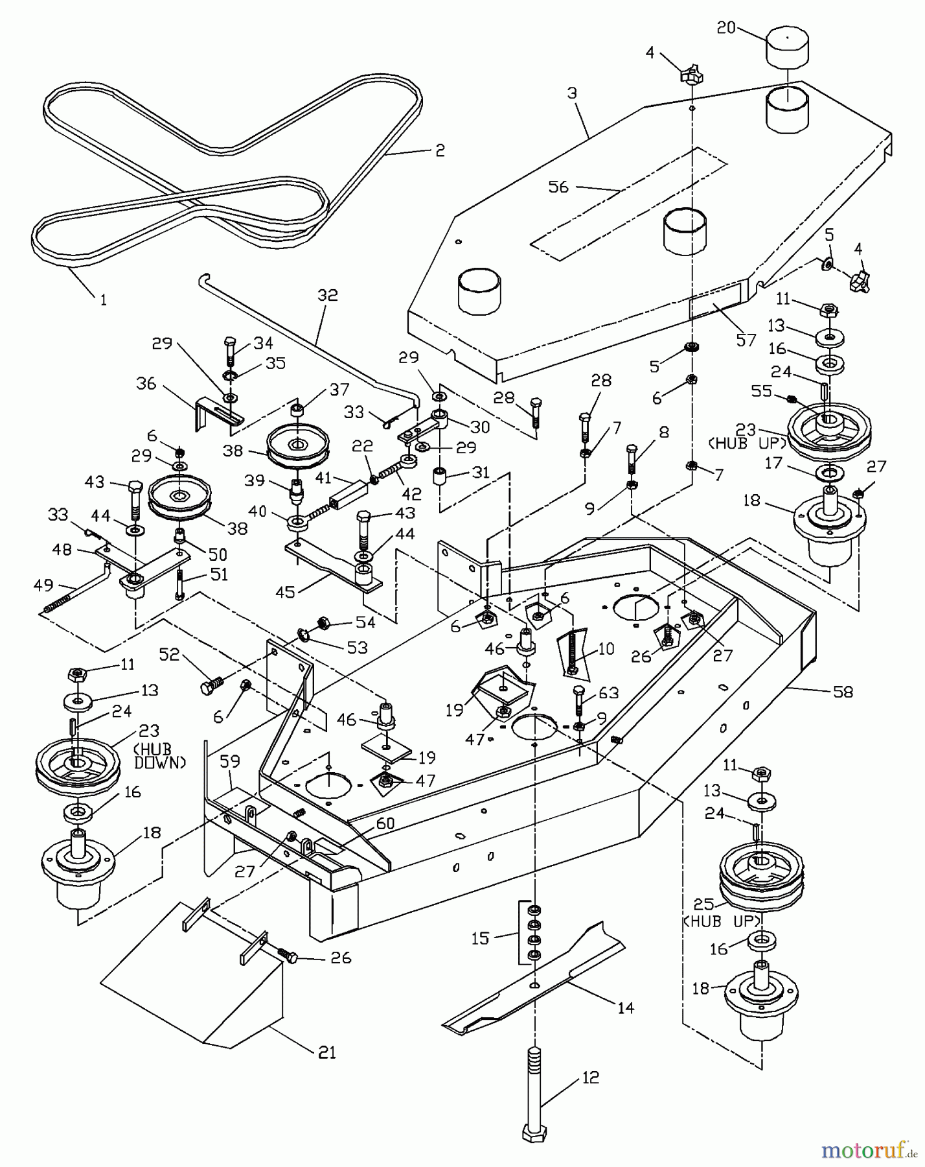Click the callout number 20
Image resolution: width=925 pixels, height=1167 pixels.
(x=727, y=28)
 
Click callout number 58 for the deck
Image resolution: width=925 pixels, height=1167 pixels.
(x=843, y=692)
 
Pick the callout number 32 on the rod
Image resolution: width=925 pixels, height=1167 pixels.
(x=328, y=294)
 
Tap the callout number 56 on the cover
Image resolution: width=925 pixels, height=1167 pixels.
(x=558, y=187)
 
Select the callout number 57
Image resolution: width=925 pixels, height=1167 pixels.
(x=746, y=340)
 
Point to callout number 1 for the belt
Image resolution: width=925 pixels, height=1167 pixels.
(x=103, y=300)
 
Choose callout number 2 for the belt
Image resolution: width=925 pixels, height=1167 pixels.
(x=440, y=150)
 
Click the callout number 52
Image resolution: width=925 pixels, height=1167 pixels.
(x=170, y=655)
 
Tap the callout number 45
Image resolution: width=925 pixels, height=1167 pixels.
(x=285, y=591)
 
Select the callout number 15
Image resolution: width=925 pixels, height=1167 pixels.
(x=480, y=937)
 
